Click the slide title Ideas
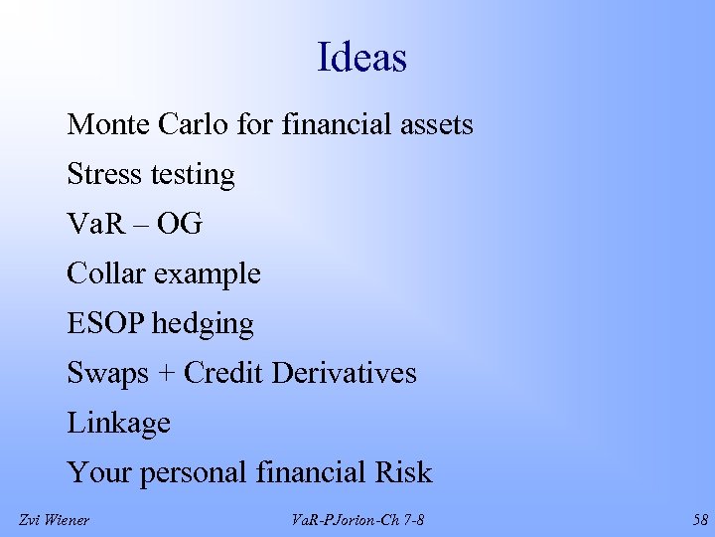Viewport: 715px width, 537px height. point(361,58)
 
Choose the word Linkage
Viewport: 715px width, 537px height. point(119,425)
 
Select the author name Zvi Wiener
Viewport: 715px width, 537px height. point(54,519)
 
